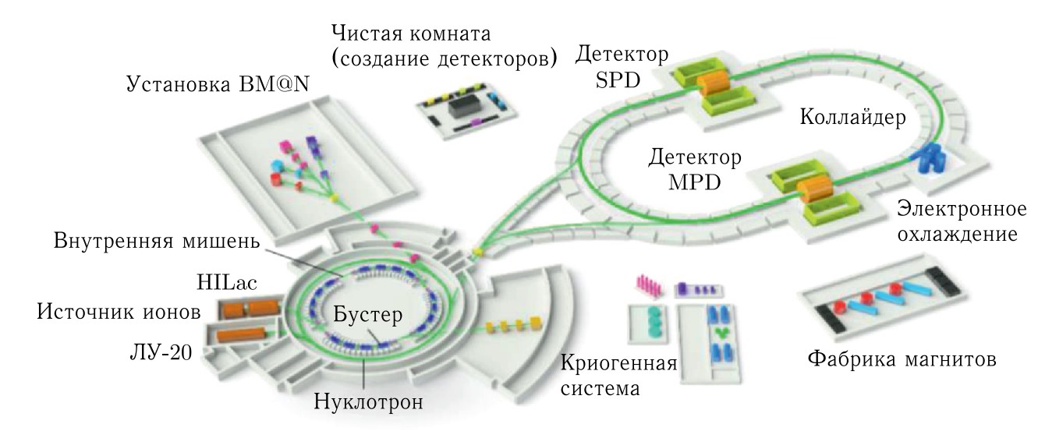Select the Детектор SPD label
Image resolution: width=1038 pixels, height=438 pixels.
(x=621, y=65)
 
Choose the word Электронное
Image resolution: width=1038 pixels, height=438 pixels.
(x=958, y=210)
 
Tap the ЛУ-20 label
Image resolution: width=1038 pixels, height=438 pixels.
(x=159, y=355)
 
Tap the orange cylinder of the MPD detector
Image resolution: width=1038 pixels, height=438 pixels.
(x=816, y=189)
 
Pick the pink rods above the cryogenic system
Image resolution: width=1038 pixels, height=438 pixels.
(x=649, y=285)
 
